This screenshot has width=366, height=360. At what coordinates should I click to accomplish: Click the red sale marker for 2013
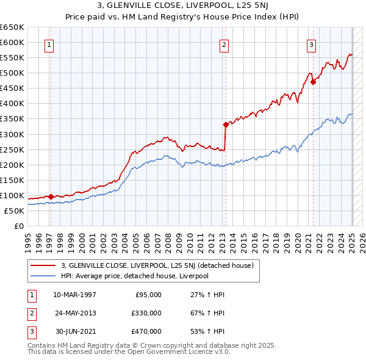coord(226,124)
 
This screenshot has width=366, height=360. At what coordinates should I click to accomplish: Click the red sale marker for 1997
coord(51,196)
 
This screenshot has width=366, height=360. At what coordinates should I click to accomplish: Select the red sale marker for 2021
coord(313,82)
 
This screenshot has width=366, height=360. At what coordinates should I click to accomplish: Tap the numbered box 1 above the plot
coord(48,44)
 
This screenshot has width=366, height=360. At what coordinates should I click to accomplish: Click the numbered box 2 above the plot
coord(224,44)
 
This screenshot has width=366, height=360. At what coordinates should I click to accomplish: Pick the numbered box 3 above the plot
coord(311,44)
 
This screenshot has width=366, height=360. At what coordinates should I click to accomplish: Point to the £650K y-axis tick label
coord(12,27)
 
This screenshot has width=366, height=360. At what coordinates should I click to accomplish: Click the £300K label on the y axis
coord(12,134)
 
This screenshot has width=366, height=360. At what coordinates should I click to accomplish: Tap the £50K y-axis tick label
coord(15,211)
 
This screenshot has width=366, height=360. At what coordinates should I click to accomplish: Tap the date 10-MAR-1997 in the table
coord(74,295)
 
